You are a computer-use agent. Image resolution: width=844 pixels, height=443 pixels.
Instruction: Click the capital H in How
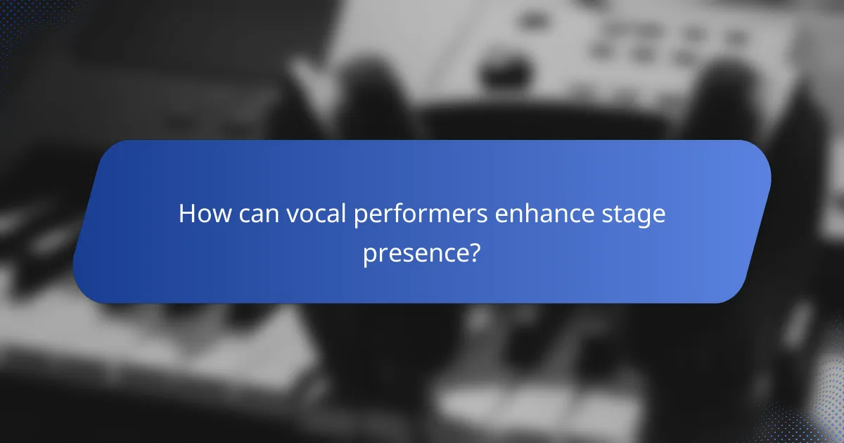[x=186, y=214]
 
